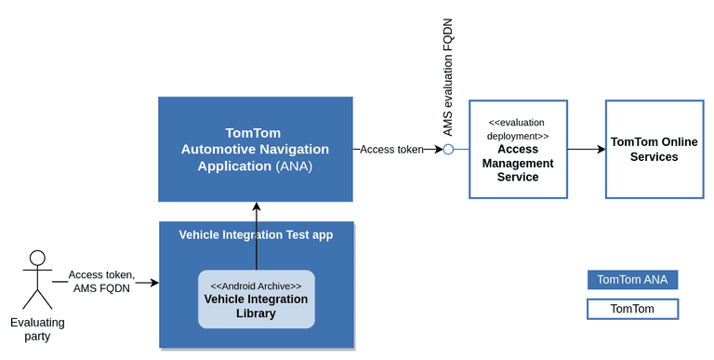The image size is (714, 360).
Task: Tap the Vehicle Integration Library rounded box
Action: (256, 300)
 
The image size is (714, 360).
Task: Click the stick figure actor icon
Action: (37, 279)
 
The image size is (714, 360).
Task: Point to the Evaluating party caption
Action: (37, 329)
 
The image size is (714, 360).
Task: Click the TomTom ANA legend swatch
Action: (632, 279)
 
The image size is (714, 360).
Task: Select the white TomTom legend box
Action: (632, 309)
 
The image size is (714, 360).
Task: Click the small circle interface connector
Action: (448, 149)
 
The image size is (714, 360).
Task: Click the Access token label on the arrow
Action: (391, 149)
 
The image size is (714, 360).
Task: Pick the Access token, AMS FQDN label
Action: (101, 281)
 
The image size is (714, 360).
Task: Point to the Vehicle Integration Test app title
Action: (256, 235)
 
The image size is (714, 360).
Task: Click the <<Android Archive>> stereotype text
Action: (256, 286)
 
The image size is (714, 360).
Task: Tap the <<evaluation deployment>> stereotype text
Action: (518, 128)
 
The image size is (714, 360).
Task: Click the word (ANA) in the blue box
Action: (294, 167)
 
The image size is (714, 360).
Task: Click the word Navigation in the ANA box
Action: (292, 149)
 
